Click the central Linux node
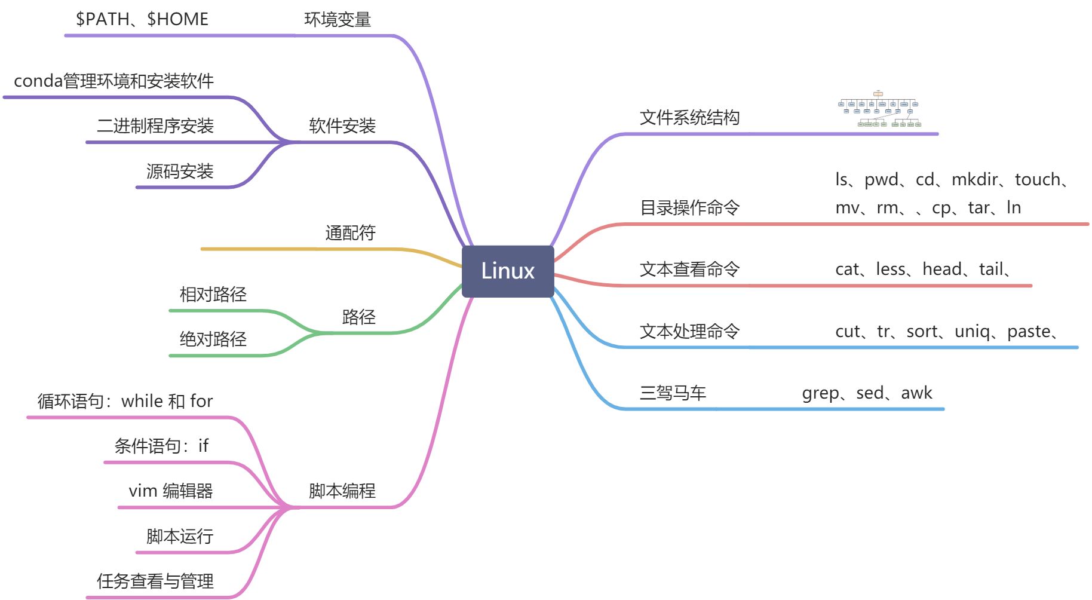[x=508, y=271]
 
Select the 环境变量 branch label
[x=338, y=20]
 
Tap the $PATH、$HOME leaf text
[x=142, y=19]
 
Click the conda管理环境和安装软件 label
[x=114, y=81]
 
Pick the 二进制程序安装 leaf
[x=155, y=125]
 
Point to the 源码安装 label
[x=180, y=172]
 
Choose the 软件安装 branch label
[x=342, y=125]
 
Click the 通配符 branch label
[x=350, y=232]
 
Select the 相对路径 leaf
[x=213, y=294]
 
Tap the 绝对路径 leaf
[x=213, y=339]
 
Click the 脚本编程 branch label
[x=342, y=491]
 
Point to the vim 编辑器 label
[x=171, y=491]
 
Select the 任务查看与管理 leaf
[x=155, y=581]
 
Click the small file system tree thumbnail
[x=878, y=109]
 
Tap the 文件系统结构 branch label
[x=689, y=117]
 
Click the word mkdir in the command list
[x=974, y=179]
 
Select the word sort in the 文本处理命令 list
[x=922, y=331]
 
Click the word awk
[x=916, y=393]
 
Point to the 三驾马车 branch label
[x=673, y=393]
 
